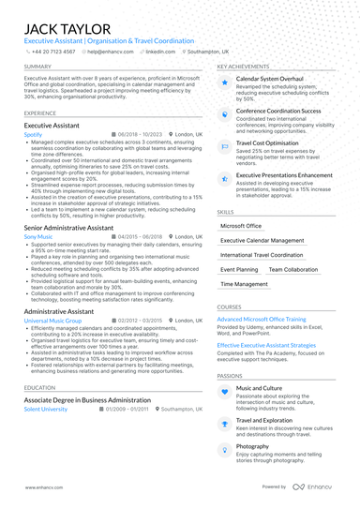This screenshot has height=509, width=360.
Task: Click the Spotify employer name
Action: click(x=33, y=134)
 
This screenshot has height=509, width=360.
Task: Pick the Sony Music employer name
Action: click(x=38, y=237)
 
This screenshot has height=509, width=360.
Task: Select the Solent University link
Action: click(x=46, y=410)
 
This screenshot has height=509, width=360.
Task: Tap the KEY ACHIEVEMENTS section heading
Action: click(x=246, y=67)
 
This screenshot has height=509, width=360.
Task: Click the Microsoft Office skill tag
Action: click(x=241, y=226)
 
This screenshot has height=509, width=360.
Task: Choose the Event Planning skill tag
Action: click(x=238, y=269)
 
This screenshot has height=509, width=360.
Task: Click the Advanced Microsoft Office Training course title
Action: click(x=269, y=320)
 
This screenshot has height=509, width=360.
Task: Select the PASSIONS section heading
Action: click(x=230, y=375)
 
